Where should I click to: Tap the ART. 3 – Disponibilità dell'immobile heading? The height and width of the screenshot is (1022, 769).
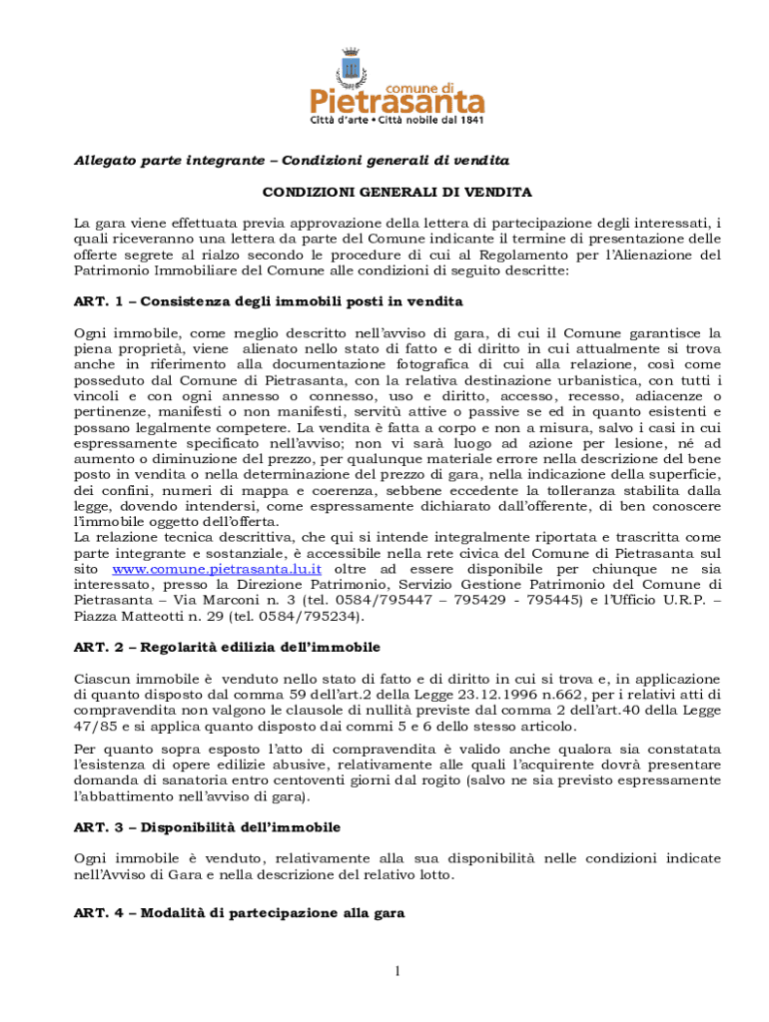[x=207, y=827]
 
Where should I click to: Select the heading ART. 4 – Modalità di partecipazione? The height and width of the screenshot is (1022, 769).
[x=239, y=913]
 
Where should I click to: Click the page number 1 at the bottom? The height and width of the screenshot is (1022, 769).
[x=396, y=970]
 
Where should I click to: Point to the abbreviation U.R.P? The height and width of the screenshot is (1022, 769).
[x=673, y=601]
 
